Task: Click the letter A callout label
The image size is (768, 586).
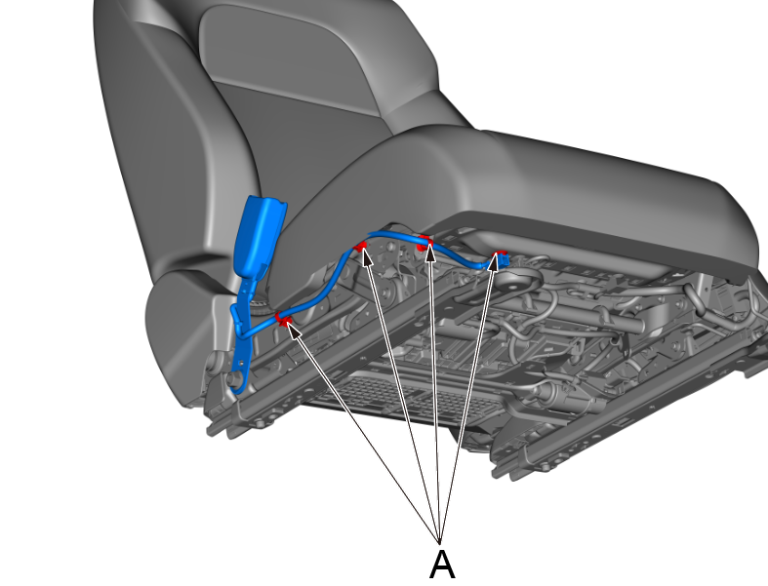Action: [442, 565]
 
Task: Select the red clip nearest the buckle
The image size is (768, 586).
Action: [282, 319]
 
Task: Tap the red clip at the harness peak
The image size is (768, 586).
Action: [361, 246]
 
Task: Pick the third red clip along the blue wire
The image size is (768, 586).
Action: [424, 242]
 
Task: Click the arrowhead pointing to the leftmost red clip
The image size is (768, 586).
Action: [293, 330]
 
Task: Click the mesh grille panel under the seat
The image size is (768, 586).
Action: [392, 397]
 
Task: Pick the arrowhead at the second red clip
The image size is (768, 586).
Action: [366, 257]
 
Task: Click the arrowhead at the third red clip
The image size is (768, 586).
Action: [430, 253]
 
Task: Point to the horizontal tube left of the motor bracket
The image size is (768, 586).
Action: [602, 323]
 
